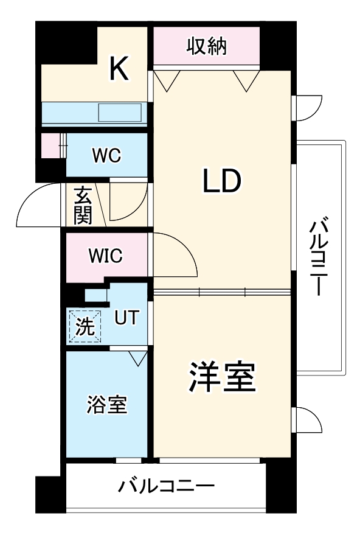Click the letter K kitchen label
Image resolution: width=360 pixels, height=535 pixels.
pos(119,68)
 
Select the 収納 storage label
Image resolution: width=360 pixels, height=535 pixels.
pos(206,46)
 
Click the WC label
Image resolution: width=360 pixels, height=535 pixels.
pos(106,156)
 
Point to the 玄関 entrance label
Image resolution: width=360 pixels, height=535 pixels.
pos(83,206)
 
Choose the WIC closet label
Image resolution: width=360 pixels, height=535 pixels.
pos(105,256)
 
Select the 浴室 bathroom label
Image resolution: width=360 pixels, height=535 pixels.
pos(107,404)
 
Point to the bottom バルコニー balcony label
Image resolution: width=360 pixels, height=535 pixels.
pos(166,487)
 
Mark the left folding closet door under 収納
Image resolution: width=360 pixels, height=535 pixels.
pos(166,79)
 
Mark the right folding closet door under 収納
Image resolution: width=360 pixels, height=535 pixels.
pos(246,80)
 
